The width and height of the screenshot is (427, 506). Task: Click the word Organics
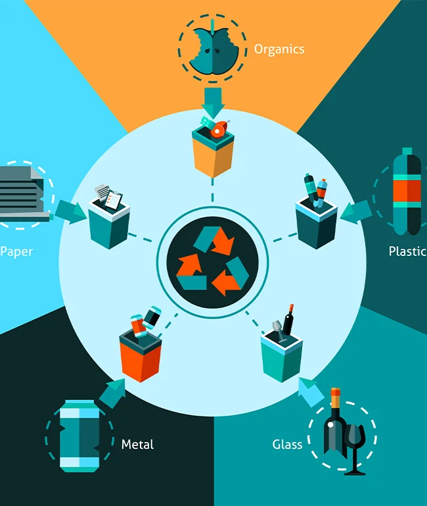[279, 50]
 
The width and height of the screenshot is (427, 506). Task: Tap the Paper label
[16, 252]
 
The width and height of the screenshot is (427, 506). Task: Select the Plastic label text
[408, 251]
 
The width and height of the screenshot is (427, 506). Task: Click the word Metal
[137, 444]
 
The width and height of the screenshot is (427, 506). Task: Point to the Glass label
[287, 444]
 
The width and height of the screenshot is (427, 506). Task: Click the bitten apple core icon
[213, 48]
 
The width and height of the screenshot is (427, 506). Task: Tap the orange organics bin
[213, 152]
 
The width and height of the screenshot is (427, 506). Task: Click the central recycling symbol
[213, 261]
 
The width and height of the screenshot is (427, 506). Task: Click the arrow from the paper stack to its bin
[70, 212]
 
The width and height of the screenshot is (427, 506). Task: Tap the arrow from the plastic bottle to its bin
[356, 212]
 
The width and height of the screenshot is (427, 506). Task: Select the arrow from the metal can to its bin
[112, 393]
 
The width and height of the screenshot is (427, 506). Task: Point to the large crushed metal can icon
[79, 436]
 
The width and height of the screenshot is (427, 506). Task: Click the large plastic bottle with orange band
[407, 191]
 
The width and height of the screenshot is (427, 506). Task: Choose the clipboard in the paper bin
[114, 200]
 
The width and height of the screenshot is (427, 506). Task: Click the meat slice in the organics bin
[219, 130]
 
